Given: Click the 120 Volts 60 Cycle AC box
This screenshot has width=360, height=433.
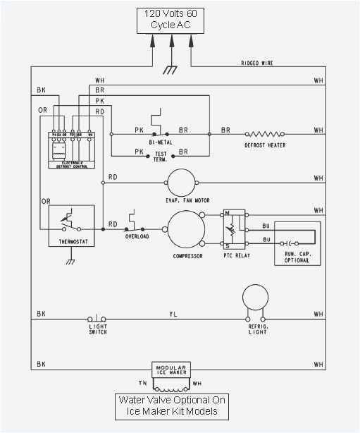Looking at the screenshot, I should pyautogui.click(x=171, y=20).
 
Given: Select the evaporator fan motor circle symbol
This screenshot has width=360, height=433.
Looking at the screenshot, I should pyautogui.click(x=180, y=182).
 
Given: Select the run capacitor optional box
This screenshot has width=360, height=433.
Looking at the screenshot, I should pyautogui.click(x=297, y=243).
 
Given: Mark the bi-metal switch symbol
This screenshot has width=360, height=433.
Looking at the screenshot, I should pyautogui.click(x=160, y=124).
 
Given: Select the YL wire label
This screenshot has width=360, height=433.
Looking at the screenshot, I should pyautogui.click(x=173, y=315).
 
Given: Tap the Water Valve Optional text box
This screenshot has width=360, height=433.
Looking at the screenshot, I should pyautogui.click(x=173, y=406).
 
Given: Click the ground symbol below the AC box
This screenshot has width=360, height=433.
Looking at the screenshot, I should pyautogui.click(x=170, y=69).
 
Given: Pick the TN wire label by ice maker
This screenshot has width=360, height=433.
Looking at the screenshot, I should pyautogui.click(x=142, y=384).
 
